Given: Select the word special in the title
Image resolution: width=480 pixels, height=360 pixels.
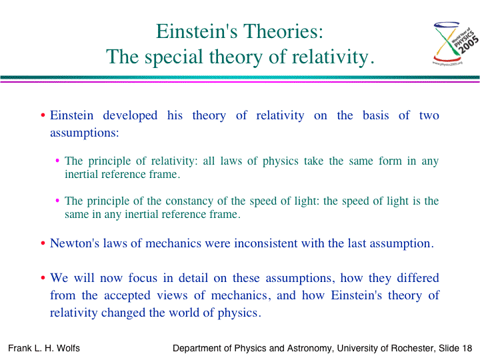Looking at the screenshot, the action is pos(174,57).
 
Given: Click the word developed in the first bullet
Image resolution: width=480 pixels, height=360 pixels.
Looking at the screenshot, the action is pos(130,116).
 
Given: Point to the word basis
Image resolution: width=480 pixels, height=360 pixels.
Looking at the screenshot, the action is pos(375,115).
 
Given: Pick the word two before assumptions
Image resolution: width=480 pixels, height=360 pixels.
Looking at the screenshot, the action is pos(429,116).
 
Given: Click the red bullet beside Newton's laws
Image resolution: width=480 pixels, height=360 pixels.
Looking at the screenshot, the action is pos(43,244).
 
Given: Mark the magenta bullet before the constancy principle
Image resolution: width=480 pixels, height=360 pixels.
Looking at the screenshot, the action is pos(57,201).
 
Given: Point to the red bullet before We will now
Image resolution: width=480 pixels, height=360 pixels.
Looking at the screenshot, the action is pos(43,278).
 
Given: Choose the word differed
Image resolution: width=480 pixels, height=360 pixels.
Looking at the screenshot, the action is pos(418,278).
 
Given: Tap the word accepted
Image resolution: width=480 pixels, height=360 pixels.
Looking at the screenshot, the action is pos(127,296).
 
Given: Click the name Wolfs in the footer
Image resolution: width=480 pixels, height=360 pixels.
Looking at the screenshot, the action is pos(68,349).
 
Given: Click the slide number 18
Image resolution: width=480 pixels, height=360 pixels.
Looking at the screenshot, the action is pos(467,349).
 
